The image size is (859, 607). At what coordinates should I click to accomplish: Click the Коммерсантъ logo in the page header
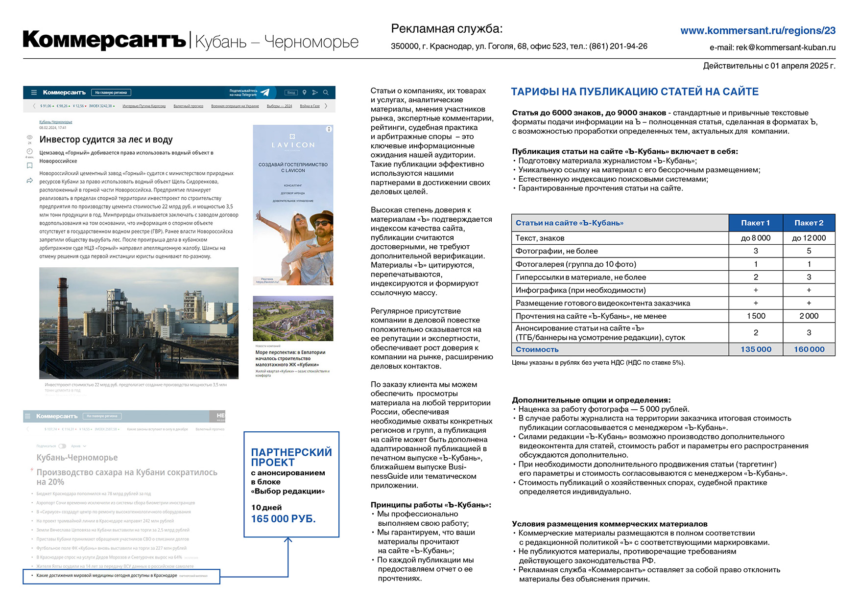click(104, 40)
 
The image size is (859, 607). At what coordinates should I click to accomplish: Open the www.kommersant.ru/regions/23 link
click(758, 31)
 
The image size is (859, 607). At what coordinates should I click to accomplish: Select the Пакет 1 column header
click(755, 223)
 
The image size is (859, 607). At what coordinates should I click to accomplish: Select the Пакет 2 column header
click(809, 223)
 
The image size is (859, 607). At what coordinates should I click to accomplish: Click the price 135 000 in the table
click(756, 350)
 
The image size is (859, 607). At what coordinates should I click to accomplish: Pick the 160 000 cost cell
click(809, 350)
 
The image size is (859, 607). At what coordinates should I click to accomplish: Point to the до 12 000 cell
click(809, 238)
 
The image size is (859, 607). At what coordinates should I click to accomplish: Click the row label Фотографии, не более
click(556, 251)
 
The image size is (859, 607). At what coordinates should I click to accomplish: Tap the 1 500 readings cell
click(756, 316)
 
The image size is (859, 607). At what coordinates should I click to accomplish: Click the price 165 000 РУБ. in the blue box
click(283, 519)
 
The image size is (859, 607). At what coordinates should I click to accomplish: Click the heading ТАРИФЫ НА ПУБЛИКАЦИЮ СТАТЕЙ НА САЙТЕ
click(635, 92)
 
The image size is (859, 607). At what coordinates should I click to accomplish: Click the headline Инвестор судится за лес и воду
click(106, 140)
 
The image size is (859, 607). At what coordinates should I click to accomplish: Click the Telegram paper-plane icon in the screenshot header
click(265, 93)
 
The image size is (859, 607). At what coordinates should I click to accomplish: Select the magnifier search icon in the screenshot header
click(326, 93)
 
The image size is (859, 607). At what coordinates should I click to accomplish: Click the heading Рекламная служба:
click(446, 29)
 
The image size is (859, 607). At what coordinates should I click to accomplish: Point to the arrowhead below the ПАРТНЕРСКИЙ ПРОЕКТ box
click(288, 540)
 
